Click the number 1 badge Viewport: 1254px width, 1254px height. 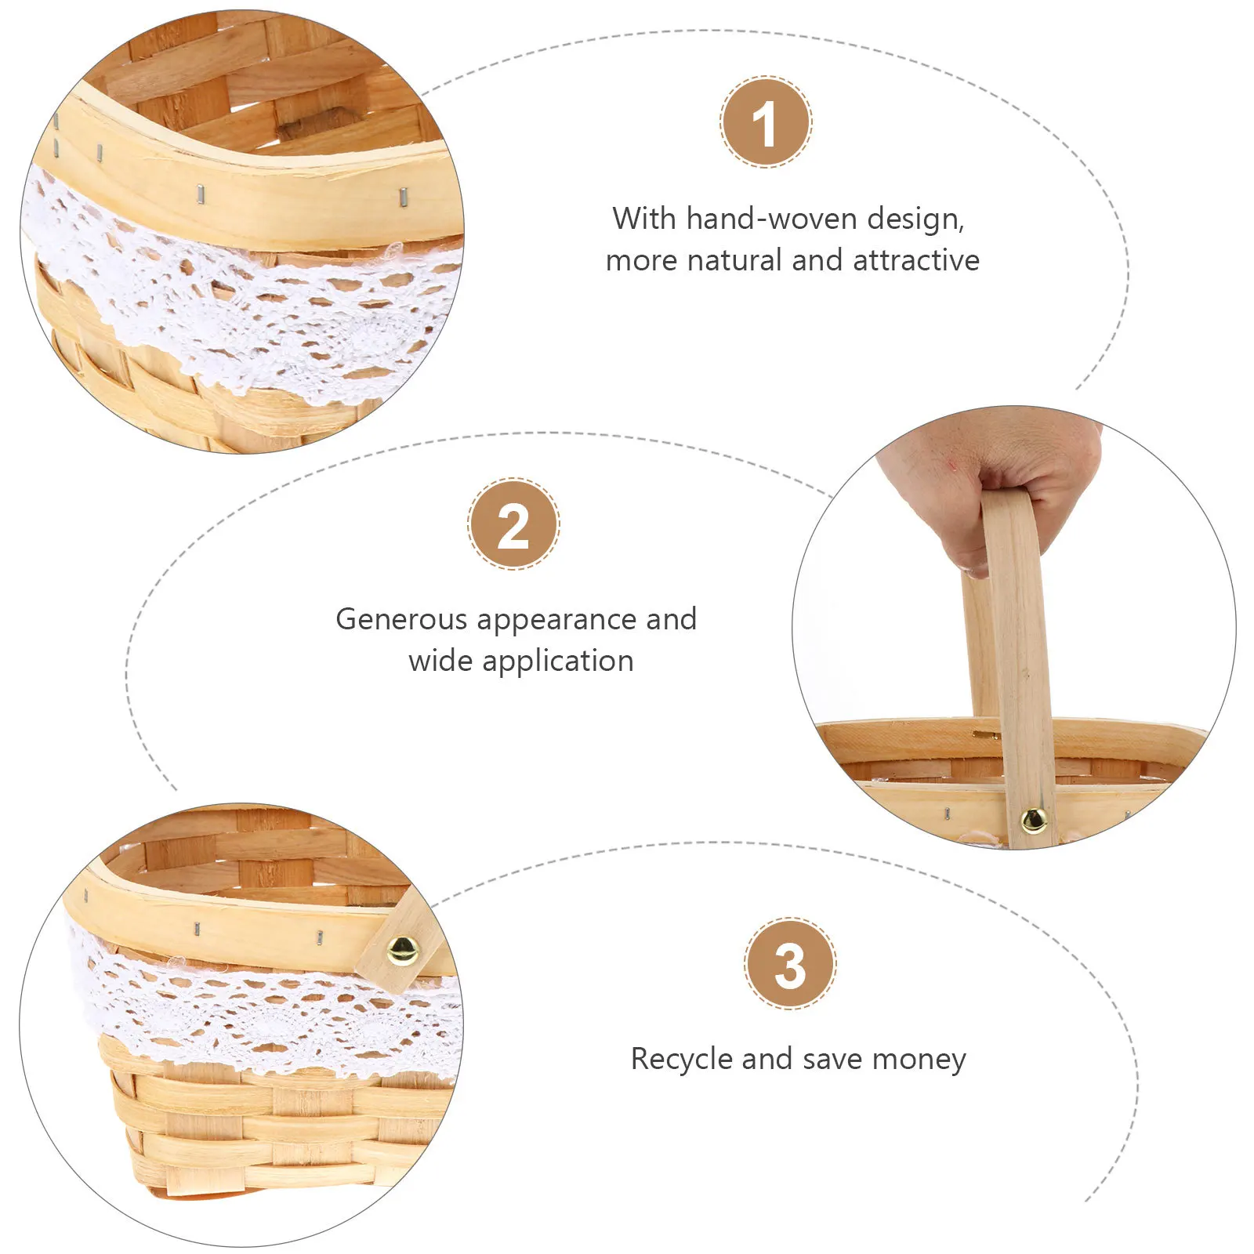[x=766, y=121]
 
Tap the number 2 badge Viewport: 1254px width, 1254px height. [x=513, y=524]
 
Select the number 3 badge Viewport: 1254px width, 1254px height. [x=790, y=963]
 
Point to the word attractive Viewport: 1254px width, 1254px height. [x=916, y=260]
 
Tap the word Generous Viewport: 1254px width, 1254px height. [x=401, y=619]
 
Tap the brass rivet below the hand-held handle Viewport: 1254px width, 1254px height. [x=1034, y=820]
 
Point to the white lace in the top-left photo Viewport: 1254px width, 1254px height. [x=235, y=302]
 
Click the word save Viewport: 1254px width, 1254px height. [x=833, y=1059]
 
